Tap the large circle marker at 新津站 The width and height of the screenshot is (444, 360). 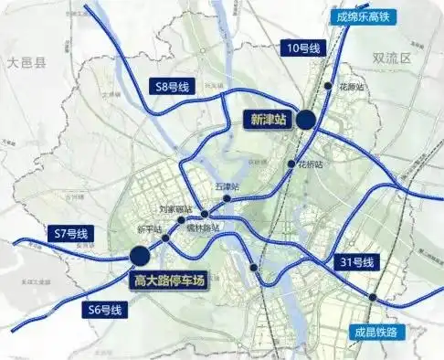(x=305, y=118)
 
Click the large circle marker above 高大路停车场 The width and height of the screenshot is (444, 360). (x=140, y=257)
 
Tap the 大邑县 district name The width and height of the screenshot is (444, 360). (x=27, y=62)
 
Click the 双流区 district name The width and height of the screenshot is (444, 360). (x=394, y=58)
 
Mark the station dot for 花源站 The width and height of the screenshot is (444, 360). (x=328, y=86)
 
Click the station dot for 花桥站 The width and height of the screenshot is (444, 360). (x=291, y=164)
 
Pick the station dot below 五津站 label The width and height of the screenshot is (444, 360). (x=226, y=198)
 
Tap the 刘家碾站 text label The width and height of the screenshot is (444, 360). (x=175, y=208)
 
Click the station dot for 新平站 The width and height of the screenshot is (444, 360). (x=164, y=238)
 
